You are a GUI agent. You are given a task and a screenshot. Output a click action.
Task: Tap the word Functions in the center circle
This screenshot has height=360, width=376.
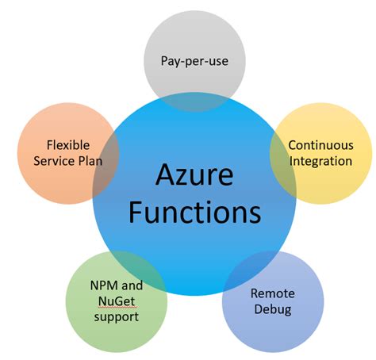pos(195,212)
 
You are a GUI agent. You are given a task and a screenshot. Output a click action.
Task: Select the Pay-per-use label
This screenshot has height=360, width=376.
pos(194,60)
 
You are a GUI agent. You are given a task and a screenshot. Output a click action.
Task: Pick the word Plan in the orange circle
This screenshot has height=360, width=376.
pos(89,161)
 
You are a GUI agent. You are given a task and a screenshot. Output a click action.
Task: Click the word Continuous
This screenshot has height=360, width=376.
pos(320,145)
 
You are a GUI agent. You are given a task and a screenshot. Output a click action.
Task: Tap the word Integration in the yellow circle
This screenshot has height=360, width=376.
pos(320,161)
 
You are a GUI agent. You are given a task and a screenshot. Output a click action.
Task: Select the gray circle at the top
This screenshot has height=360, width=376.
pos(194,40)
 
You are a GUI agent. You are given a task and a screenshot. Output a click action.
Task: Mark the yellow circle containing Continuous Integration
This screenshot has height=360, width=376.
pos(337,182)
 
